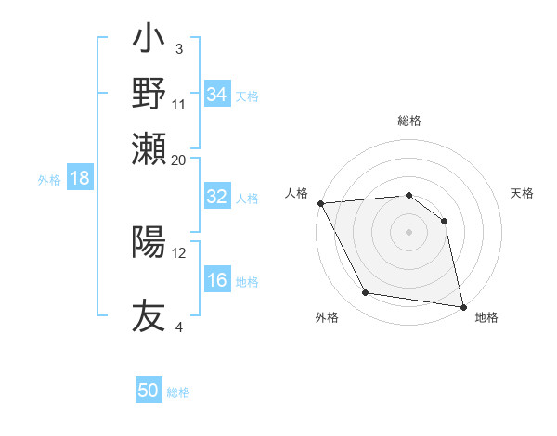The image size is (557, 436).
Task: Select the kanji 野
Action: pyautogui.click(x=149, y=94)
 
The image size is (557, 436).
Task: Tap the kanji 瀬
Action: pyautogui.click(x=149, y=148)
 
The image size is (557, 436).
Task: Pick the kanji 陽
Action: pyautogui.click(x=149, y=242)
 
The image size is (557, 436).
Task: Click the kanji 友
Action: pyautogui.click(x=149, y=316)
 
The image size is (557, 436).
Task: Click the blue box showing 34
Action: pyautogui.click(x=217, y=95)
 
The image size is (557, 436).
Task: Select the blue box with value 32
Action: pyautogui.click(x=217, y=197)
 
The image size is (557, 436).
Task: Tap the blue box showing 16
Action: pyautogui.click(x=217, y=280)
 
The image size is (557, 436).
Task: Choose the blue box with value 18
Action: pyautogui.click(x=80, y=178)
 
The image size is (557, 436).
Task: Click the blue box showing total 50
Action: pyautogui.click(x=149, y=391)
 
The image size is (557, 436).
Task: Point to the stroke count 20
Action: pyautogui.click(x=179, y=160)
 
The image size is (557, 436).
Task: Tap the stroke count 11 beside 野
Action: pyautogui.click(x=179, y=104)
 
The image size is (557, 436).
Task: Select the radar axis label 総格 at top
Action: pyautogui.click(x=409, y=122)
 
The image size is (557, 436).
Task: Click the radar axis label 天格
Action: pyautogui.click(x=523, y=193)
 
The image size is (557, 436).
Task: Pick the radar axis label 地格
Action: pyautogui.click(x=486, y=317)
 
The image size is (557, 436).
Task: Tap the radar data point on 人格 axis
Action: pyautogui.click(x=320, y=203)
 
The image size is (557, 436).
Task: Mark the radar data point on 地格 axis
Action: pyautogui.click(x=462, y=305)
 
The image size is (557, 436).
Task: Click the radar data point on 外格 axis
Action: pyautogui.click(x=366, y=293)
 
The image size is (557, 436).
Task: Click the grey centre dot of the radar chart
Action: pyautogui.click(x=409, y=232)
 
